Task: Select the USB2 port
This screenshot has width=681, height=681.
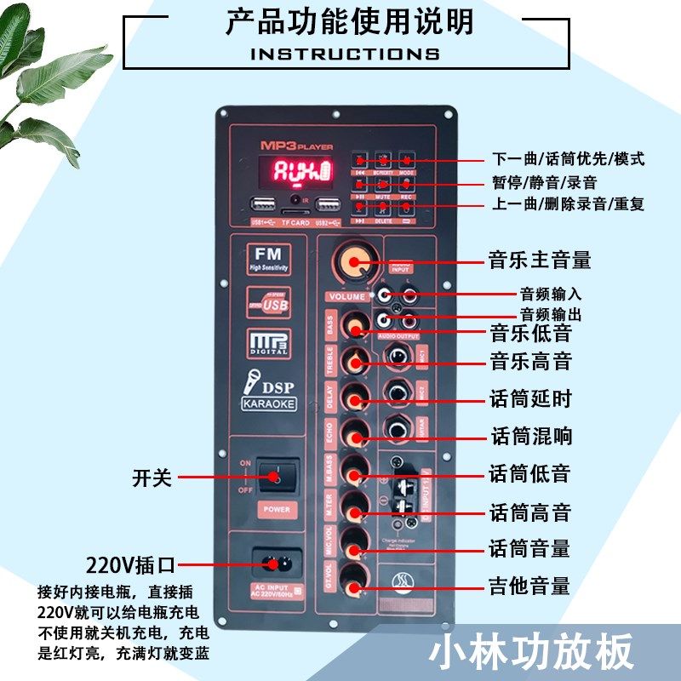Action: point(328,205)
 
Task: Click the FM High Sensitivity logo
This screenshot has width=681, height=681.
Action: point(268,258)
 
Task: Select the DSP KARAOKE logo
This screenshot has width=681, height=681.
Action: point(269,392)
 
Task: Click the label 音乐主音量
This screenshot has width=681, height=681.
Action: point(539,259)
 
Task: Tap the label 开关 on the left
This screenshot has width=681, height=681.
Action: point(152,478)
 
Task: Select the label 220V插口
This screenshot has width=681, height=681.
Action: point(129,564)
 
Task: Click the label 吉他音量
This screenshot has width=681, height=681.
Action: point(529,586)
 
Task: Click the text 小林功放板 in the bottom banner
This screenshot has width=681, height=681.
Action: point(531,652)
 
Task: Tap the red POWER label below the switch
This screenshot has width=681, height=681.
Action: point(277,509)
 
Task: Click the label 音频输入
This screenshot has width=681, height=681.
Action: point(551,294)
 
